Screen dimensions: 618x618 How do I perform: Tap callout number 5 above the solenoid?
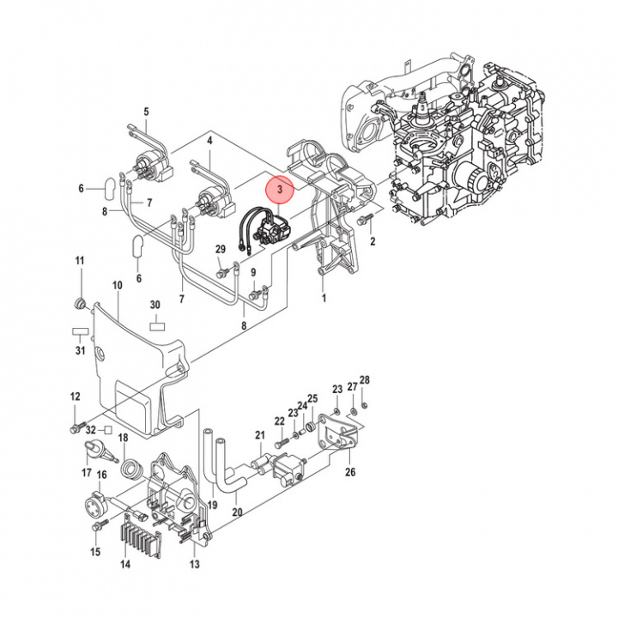[x=146, y=112]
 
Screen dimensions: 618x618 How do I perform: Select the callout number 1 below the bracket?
[x=324, y=299]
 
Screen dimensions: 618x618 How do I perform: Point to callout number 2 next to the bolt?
[x=373, y=243]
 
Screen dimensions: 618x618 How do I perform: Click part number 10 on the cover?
[x=118, y=285]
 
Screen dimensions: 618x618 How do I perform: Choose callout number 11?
[x=79, y=261]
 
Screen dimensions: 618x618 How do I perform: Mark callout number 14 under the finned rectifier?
[x=125, y=565]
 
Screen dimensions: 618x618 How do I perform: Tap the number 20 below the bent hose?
[x=237, y=513]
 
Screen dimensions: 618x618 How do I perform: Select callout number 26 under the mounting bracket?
[x=349, y=471]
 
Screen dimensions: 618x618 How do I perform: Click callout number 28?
[x=364, y=380]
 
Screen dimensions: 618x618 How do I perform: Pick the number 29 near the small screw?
[x=221, y=250]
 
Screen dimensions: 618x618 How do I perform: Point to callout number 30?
[x=155, y=305]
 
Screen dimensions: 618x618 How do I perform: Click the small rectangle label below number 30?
[x=155, y=325]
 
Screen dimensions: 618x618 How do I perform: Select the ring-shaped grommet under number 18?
[x=132, y=469]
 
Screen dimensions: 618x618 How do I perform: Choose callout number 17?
[x=87, y=473]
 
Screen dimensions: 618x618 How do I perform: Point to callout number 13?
[x=194, y=564]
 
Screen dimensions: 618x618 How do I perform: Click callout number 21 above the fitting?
[x=260, y=436]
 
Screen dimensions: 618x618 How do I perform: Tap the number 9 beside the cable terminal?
[x=254, y=273]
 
